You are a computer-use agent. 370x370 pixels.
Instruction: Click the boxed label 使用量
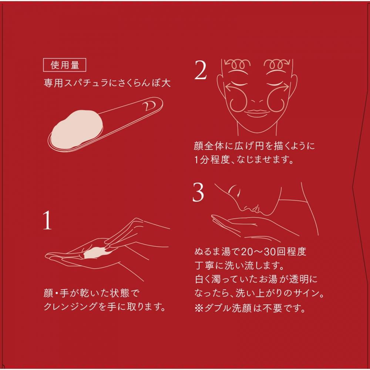tap(64, 65)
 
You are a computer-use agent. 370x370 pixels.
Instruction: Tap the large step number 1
tap(47, 221)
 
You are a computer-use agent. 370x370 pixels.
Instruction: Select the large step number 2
tap(200, 70)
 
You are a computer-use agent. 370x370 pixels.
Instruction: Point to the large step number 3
tap(198, 192)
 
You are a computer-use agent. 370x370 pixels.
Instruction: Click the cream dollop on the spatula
tap(77, 129)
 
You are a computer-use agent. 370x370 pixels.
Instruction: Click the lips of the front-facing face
tap(257, 112)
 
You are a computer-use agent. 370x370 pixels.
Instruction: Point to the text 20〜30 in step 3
tap(258, 252)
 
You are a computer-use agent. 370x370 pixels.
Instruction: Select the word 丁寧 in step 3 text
tap(204, 266)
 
